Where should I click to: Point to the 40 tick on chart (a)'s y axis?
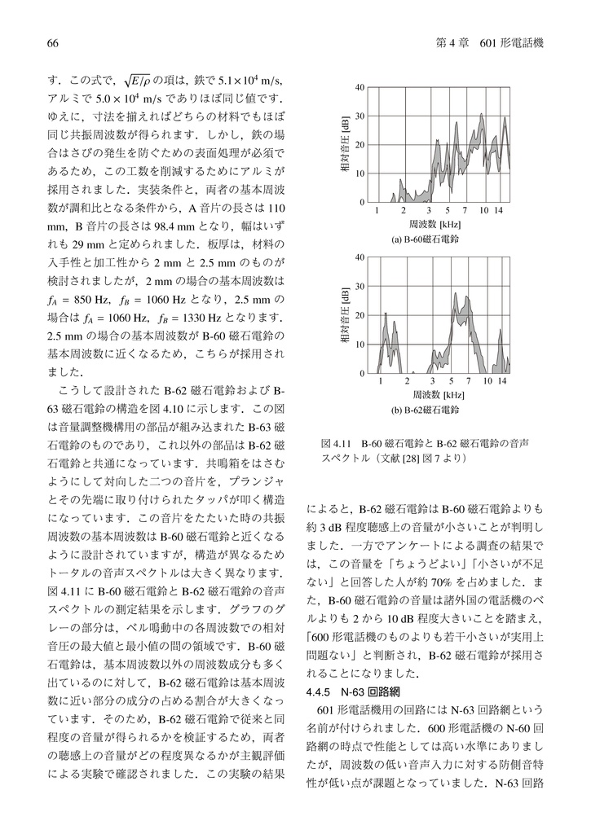pyautogui.click(x=359, y=88)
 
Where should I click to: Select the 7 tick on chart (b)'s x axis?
pyautogui.click(x=469, y=381)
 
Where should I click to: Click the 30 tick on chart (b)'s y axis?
pyautogui.click(x=359, y=286)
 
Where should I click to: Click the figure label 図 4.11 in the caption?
pyautogui.click(x=335, y=444)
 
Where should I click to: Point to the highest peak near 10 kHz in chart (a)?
pyautogui.click(x=482, y=115)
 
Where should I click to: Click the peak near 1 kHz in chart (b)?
pyautogui.click(x=386, y=314)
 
